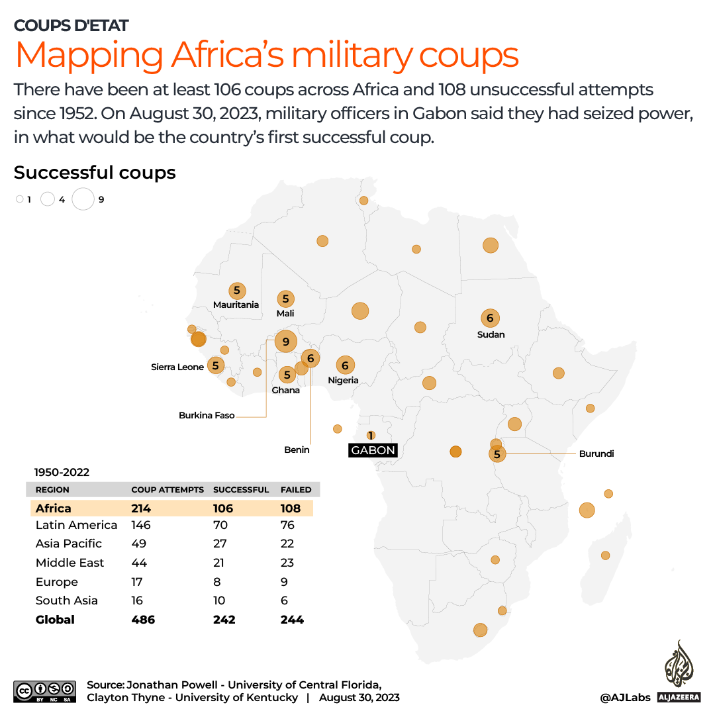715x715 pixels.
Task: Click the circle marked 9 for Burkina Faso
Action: (285, 342)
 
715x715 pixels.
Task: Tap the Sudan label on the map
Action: (491, 334)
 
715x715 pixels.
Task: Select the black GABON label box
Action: (373, 450)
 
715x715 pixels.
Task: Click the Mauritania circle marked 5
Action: (236, 291)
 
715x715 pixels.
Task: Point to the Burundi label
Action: (596, 453)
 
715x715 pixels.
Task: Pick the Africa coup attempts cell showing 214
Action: (141, 508)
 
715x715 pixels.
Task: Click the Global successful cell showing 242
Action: (224, 620)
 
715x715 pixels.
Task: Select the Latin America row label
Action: (76, 525)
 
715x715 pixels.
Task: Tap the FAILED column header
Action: (296, 490)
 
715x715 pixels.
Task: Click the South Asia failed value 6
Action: (285, 600)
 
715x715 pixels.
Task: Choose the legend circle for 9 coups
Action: (83, 199)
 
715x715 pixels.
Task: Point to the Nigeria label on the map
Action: (344, 380)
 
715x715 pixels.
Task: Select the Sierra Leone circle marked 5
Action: (215, 365)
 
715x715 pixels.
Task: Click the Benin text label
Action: (297, 450)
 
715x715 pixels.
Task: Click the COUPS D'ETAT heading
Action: (71, 26)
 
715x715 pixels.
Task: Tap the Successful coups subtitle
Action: (95, 173)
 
